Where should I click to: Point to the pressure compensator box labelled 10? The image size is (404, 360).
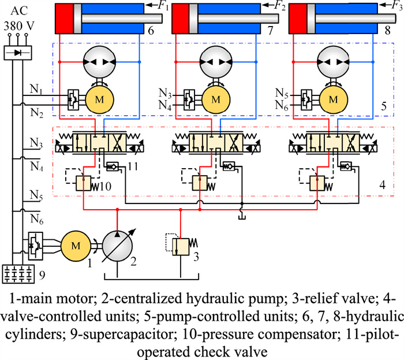click(x=85, y=184)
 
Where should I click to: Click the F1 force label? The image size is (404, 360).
click(x=155, y=6)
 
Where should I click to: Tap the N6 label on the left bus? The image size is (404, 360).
click(x=37, y=220)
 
